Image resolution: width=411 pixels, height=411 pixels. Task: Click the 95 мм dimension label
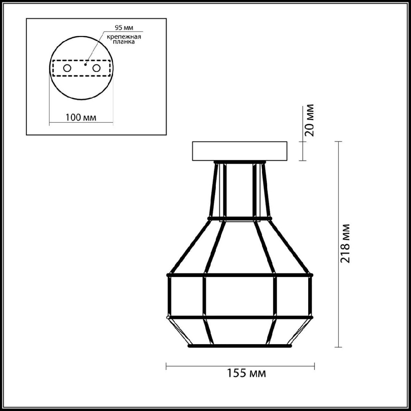124,28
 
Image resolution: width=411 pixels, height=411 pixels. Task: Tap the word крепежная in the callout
124,37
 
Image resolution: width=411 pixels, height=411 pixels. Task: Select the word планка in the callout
124,42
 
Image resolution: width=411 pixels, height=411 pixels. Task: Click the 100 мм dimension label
81,117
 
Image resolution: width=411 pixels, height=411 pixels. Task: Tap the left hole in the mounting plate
67,68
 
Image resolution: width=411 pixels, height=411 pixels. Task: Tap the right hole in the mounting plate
96,68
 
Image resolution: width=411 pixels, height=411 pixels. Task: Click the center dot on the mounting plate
85,64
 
